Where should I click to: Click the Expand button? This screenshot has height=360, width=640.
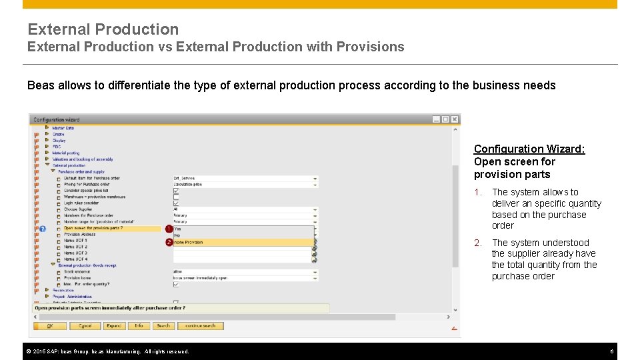coord(114,326)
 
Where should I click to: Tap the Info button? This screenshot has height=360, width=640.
coord(139,326)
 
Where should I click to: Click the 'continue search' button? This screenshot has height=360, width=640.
coord(201,326)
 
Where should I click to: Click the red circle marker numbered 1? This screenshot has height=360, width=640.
coord(169,229)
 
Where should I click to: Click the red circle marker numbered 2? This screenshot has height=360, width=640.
coord(169,243)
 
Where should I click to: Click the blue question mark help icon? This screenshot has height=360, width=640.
coord(43,229)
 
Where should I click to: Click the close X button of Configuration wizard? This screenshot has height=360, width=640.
coord(455,119)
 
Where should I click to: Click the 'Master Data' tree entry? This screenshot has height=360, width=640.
coord(63,128)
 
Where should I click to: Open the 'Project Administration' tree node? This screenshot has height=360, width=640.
coord(72,296)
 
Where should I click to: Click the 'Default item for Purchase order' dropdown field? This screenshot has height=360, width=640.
coord(245,178)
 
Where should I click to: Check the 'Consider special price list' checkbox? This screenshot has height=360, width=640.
coord(176,191)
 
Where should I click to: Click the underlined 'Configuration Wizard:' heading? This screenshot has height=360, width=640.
coord(529,149)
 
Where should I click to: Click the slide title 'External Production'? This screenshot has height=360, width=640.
coord(103,29)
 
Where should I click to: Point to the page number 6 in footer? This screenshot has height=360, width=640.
coord(611,351)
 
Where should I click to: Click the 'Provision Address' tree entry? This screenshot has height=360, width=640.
coord(79,235)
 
